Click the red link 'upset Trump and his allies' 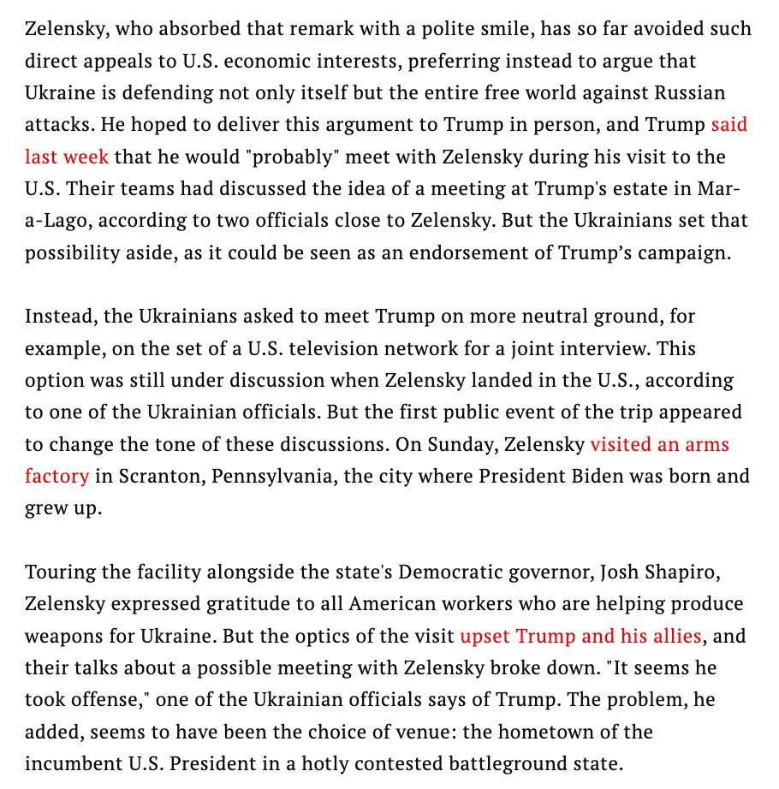tap(580, 636)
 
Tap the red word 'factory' tap(56, 475)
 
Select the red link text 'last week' tap(66, 157)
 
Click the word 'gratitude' tap(247, 603)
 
